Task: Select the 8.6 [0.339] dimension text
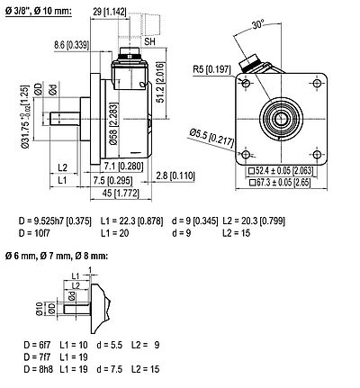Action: click(x=72, y=42)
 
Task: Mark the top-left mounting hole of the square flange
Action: click(x=245, y=85)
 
